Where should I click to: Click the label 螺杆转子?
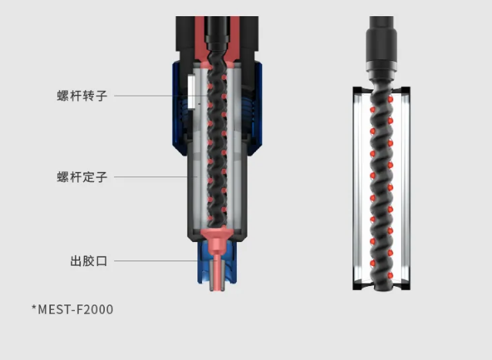click(82, 96)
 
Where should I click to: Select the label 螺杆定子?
click(82, 177)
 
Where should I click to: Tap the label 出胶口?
click(89, 261)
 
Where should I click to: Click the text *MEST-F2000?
click(72, 310)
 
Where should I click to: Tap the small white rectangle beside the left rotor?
click(188, 93)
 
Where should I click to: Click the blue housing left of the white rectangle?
click(176, 100)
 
